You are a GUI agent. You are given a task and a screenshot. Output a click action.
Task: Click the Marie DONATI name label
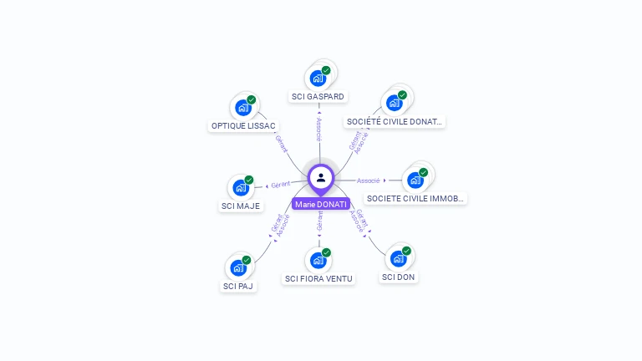pos(321,204)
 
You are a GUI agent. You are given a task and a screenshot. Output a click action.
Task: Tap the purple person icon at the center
pos(321,177)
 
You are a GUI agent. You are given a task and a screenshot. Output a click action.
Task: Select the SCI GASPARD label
pos(318,97)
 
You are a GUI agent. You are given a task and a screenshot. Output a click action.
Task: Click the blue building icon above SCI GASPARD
pos(318,78)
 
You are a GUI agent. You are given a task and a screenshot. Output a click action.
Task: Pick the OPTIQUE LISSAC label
pos(243,126)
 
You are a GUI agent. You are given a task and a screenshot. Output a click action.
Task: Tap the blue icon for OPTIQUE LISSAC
pos(242,107)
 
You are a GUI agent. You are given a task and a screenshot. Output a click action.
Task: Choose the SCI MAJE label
pos(241,206)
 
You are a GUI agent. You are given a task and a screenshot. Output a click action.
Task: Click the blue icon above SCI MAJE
pos(240,187)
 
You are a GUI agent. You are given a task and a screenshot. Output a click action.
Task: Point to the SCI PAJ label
pos(238,286)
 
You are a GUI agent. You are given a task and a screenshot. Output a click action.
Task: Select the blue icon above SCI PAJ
pos(238,267)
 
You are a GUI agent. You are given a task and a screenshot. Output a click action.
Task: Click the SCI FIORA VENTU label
pos(318,278)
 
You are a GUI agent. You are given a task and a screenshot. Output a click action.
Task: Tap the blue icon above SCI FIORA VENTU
pos(318,260)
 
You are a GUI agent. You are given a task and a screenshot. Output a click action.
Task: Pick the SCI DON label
pos(399,277)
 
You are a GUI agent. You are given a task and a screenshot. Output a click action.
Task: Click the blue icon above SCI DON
pos(398,258)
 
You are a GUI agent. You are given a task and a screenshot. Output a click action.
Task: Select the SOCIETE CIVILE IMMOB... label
pos(415,199)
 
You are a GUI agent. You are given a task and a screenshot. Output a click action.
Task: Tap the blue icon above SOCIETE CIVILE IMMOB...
pos(415,180)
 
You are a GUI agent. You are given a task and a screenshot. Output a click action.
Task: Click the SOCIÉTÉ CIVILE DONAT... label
pos(394,122)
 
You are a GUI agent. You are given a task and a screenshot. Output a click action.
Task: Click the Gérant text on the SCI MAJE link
pos(281,184)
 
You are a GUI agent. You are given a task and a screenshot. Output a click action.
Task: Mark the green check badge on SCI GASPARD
pos(326,70)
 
